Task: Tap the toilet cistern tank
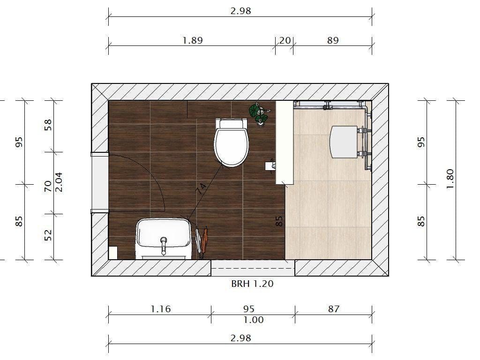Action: click(231, 124)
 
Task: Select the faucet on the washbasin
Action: click(164, 244)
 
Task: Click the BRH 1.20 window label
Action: click(252, 284)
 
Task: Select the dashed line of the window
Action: click(253, 268)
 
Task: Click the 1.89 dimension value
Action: click(192, 40)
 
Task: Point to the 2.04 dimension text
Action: click(59, 182)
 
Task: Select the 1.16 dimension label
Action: click(160, 309)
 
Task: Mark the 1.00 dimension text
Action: click(253, 320)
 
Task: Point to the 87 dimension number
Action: click(333, 309)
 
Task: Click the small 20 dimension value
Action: click(285, 40)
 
